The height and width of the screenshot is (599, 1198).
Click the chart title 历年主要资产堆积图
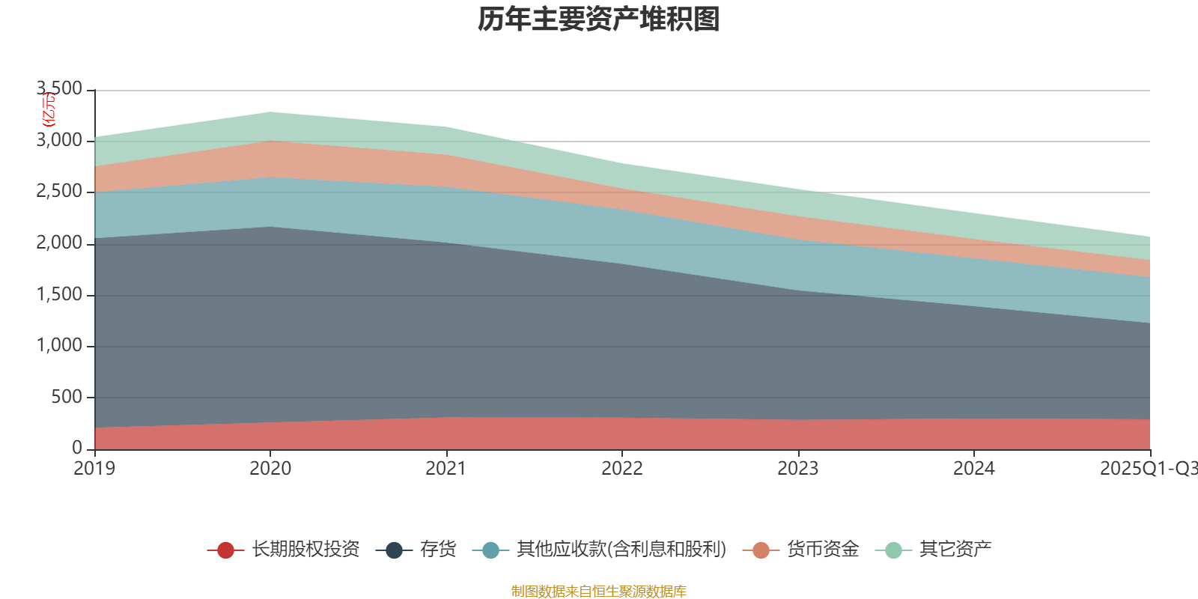pyautogui.click(x=599, y=19)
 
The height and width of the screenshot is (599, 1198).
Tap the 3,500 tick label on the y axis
pyautogui.click(x=60, y=89)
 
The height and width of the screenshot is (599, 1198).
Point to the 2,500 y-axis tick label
pyautogui.click(x=60, y=192)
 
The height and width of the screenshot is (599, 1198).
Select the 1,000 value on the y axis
pyautogui.click(x=60, y=346)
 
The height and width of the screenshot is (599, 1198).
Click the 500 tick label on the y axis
pyautogui.click(x=67, y=397)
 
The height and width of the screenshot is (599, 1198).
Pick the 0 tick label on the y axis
pyautogui.click(x=77, y=448)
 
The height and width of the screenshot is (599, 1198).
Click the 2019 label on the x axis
pyautogui.click(x=94, y=469)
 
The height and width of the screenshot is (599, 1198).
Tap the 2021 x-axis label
pyautogui.click(x=446, y=469)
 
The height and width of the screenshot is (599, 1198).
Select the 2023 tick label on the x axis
pyautogui.click(x=797, y=469)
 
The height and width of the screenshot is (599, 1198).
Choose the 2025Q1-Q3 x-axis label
pyautogui.click(x=1147, y=469)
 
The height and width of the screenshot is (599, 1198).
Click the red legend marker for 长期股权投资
pyautogui.click(x=225, y=550)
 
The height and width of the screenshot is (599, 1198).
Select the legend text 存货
pyautogui.click(x=438, y=550)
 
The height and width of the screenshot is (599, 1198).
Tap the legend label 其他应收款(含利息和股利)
pyautogui.click(x=621, y=550)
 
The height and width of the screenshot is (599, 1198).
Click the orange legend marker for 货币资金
pyautogui.click(x=761, y=550)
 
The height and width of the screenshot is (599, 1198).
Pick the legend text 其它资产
pyautogui.click(x=955, y=550)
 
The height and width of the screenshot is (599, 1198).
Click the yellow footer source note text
pyautogui.click(x=599, y=592)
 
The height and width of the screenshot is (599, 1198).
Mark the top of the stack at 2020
pyautogui.click(x=270, y=112)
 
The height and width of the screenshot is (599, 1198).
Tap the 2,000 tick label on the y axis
pyautogui.click(x=60, y=243)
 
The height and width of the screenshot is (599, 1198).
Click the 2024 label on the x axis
pyautogui.click(x=973, y=469)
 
